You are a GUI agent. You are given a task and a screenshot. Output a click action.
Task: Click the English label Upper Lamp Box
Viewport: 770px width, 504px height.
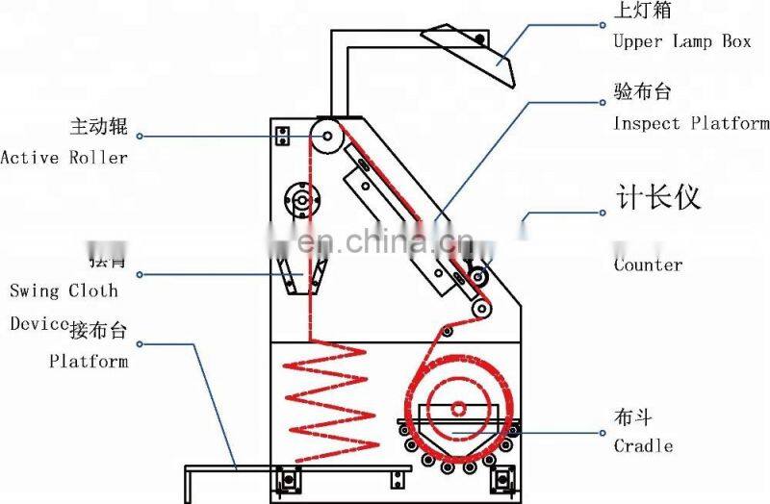coord(681,42)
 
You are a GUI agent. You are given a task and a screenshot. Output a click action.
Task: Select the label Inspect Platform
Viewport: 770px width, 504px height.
coord(691,123)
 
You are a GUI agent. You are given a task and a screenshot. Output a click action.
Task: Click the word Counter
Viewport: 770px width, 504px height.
coord(648,265)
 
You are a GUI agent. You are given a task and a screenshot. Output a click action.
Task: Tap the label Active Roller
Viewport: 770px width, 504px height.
coord(64,157)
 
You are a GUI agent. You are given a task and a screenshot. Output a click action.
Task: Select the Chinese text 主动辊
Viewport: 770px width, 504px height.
coord(98,127)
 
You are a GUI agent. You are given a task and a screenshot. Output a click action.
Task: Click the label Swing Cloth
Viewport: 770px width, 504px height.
coord(64,290)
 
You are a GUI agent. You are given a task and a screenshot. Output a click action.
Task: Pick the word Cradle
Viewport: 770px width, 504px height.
coord(643,445)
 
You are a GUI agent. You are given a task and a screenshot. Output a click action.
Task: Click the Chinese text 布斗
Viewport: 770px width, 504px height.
coord(632,417)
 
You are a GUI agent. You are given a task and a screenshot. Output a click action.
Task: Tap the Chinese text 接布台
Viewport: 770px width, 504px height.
coord(98,332)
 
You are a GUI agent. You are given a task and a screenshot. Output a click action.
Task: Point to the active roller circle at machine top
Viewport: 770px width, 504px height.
coord(328,137)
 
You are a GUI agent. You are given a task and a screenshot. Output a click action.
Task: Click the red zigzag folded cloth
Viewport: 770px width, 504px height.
coord(328,394)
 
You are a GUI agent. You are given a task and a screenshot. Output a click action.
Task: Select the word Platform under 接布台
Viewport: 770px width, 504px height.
coord(89,362)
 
